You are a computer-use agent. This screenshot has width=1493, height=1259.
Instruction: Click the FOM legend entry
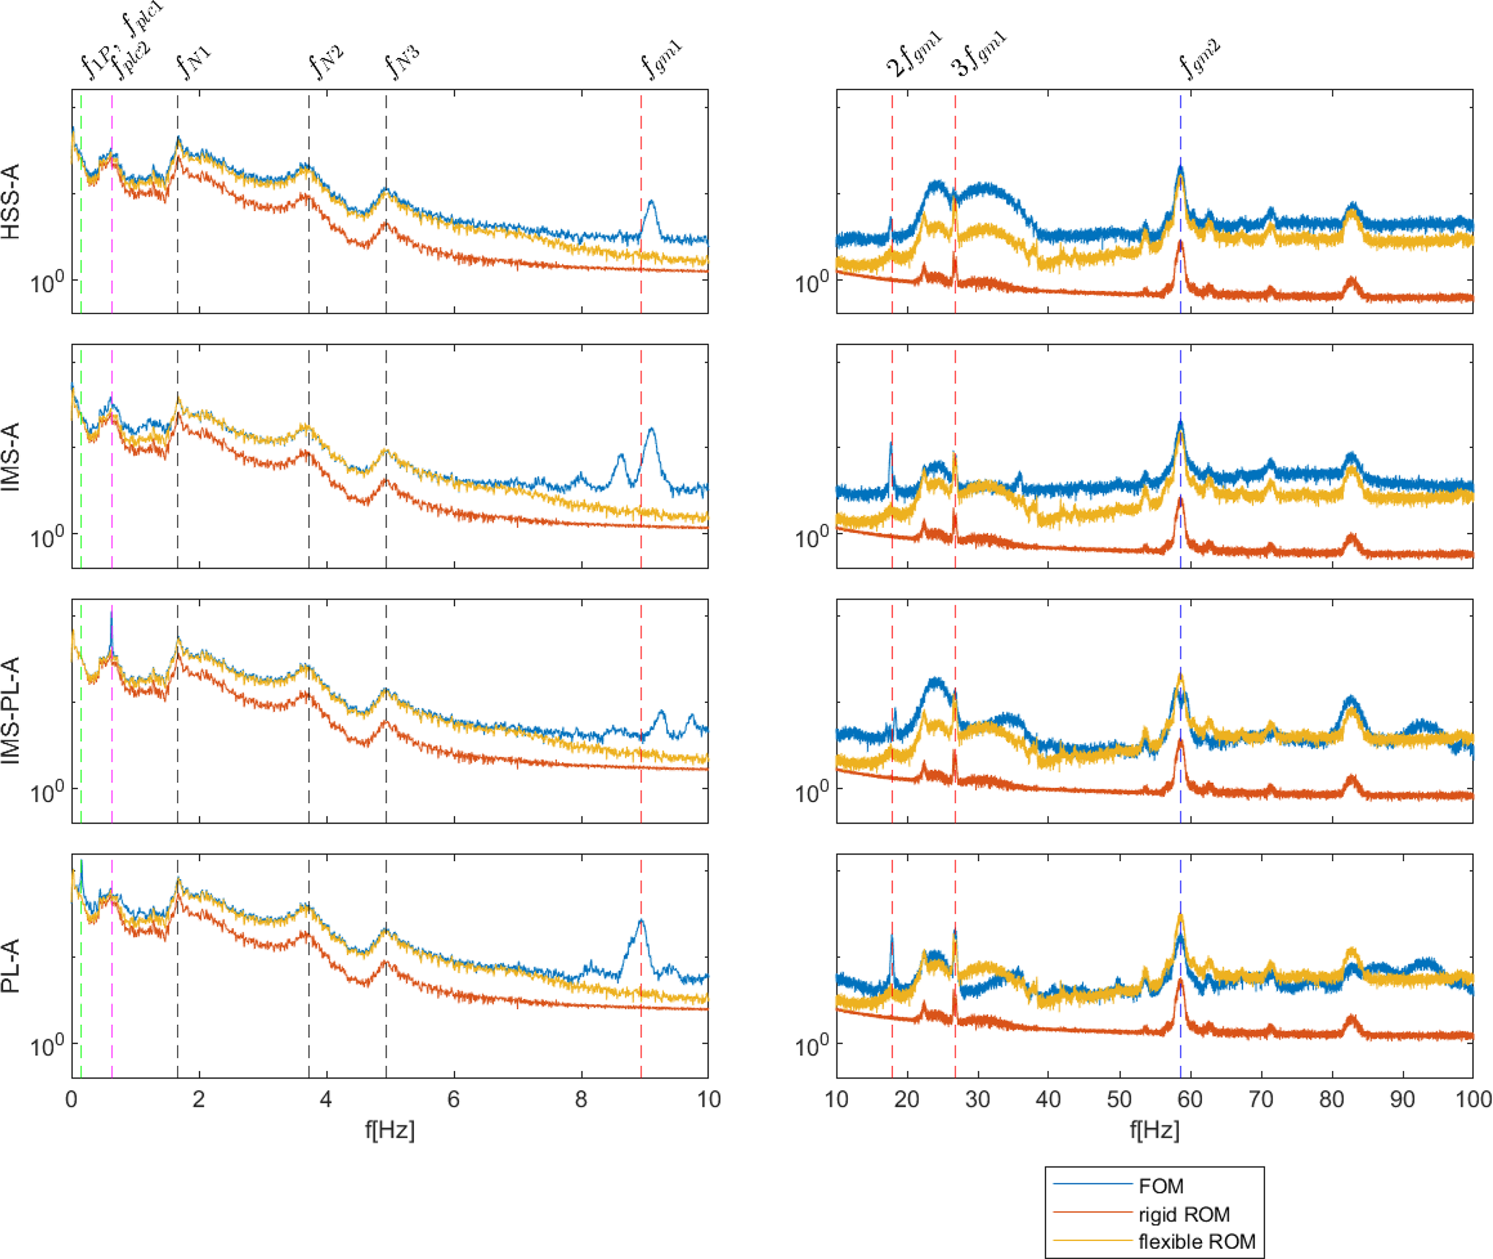point(1160,1186)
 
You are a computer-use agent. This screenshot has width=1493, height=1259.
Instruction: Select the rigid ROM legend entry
point(1183,1214)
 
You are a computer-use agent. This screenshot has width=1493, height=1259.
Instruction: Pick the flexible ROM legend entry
point(1196,1242)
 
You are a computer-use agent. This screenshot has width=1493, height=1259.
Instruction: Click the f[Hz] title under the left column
point(389,1130)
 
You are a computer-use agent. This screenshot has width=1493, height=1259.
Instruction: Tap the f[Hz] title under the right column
point(1154,1130)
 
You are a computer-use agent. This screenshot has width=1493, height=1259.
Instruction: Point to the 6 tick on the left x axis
point(454,1099)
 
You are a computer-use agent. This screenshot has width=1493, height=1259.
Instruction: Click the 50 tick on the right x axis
point(1119,1099)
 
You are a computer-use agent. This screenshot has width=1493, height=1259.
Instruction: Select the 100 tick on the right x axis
point(1473,1099)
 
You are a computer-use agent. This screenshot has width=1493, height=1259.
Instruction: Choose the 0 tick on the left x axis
point(72,1099)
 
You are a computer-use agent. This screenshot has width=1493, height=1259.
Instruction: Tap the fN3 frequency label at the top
point(402,61)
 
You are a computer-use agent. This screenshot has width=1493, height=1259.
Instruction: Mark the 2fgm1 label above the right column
point(914,55)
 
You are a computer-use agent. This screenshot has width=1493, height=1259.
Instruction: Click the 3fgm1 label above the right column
point(978,55)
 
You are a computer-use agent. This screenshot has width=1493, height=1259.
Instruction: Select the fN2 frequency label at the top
point(326,62)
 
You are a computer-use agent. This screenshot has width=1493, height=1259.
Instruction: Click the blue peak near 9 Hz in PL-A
point(641,921)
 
